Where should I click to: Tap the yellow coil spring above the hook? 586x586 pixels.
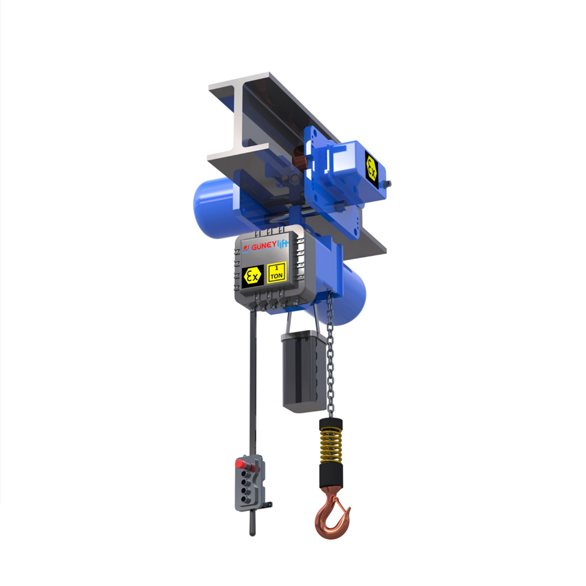[x=330, y=446]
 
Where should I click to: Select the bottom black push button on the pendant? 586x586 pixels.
[x=245, y=498]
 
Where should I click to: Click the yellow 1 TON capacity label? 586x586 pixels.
[x=277, y=272]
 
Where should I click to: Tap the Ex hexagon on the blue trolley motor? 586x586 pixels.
[x=371, y=167]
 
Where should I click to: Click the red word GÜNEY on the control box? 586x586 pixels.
[x=263, y=247]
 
